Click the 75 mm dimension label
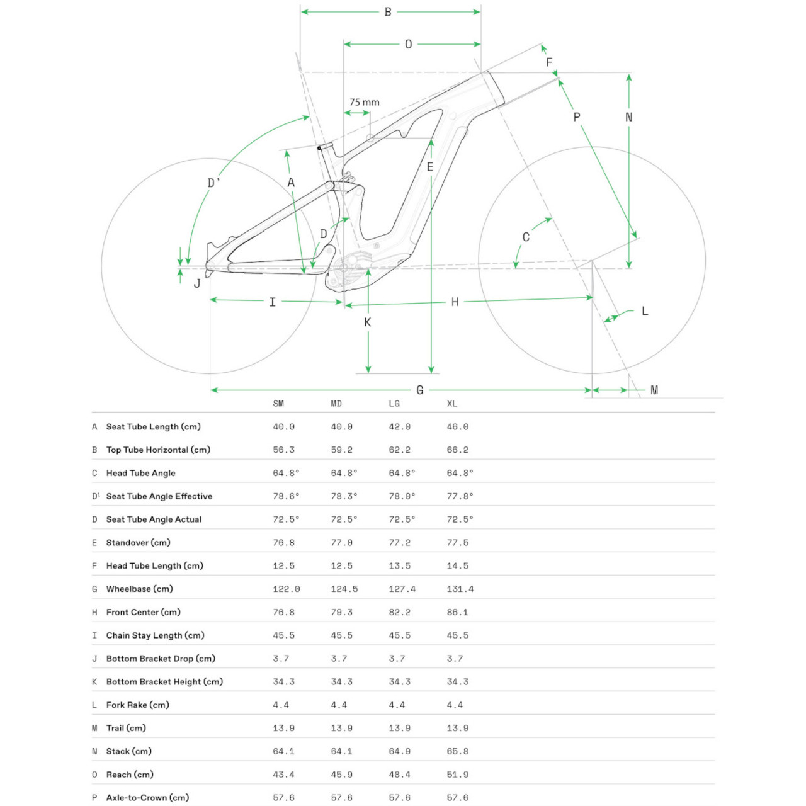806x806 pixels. pyautogui.click(x=365, y=102)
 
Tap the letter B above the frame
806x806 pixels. pyautogui.click(x=388, y=12)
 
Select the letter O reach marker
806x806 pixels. pyautogui.click(x=409, y=44)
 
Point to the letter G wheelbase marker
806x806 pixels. pyautogui.click(x=420, y=390)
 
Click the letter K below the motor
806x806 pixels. pyautogui.click(x=368, y=322)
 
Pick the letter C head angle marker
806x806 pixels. pyautogui.click(x=526, y=237)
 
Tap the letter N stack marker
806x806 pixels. pyautogui.click(x=628, y=117)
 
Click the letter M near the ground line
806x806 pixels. pyautogui.click(x=654, y=390)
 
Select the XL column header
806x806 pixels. pyautogui.click(x=452, y=404)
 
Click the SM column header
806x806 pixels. pyautogui.click(x=278, y=404)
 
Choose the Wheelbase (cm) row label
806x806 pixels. pyautogui.click(x=139, y=589)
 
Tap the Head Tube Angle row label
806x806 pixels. pyautogui.click(x=140, y=473)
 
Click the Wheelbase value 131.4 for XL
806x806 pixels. pyautogui.click(x=460, y=589)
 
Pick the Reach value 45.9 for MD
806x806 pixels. pyautogui.click(x=342, y=775)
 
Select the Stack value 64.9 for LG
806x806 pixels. pyautogui.click(x=400, y=751)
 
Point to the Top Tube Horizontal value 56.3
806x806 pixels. pyautogui.click(x=284, y=450)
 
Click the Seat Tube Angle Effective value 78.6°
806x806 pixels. pyautogui.click(x=286, y=496)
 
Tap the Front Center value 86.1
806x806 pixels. pyautogui.click(x=458, y=612)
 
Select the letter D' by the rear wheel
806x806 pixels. pyautogui.click(x=214, y=183)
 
